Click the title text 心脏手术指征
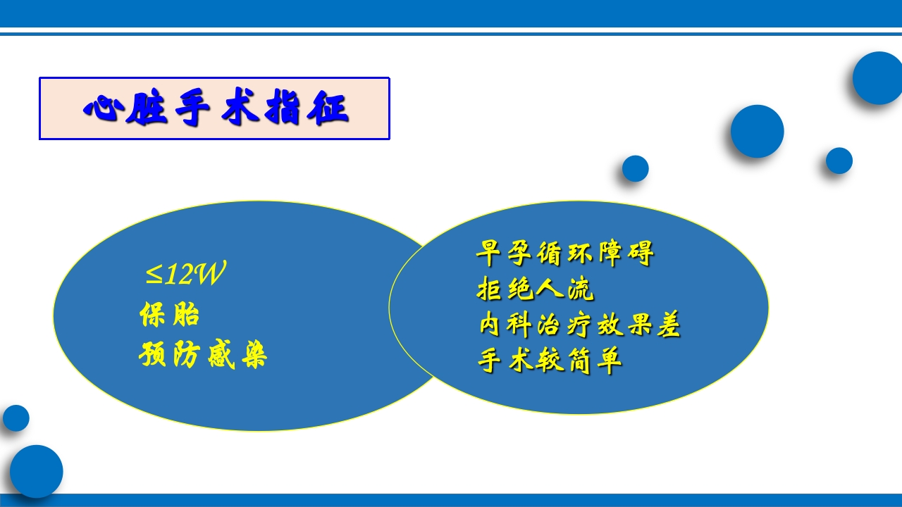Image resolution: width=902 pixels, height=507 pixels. click(x=215, y=109)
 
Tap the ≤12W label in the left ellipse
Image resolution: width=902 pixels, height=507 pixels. click(x=185, y=275)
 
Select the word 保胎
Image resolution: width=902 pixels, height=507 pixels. click(x=170, y=315)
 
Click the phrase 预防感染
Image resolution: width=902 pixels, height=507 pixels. click(x=203, y=356)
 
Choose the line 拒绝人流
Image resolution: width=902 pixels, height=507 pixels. click(x=536, y=289)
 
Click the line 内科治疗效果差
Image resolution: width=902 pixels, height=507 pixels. click(x=579, y=325)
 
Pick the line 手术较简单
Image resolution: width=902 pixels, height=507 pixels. click(x=550, y=361)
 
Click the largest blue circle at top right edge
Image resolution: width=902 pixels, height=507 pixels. click(x=878, y=78)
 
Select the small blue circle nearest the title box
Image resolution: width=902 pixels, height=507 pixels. click(x=635, y=169)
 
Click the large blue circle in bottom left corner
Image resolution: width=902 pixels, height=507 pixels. click(x=36, y=471)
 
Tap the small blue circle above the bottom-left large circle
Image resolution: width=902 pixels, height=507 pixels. click(x=16, y=418)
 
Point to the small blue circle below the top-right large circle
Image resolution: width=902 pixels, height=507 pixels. click(x=839, y=161)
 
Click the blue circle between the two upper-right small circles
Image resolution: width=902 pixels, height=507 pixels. click(x=757, y=132)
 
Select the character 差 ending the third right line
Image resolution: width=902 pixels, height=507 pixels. click(x=669, y=325)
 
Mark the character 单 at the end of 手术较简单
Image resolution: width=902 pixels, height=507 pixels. click(x=610, y=361)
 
